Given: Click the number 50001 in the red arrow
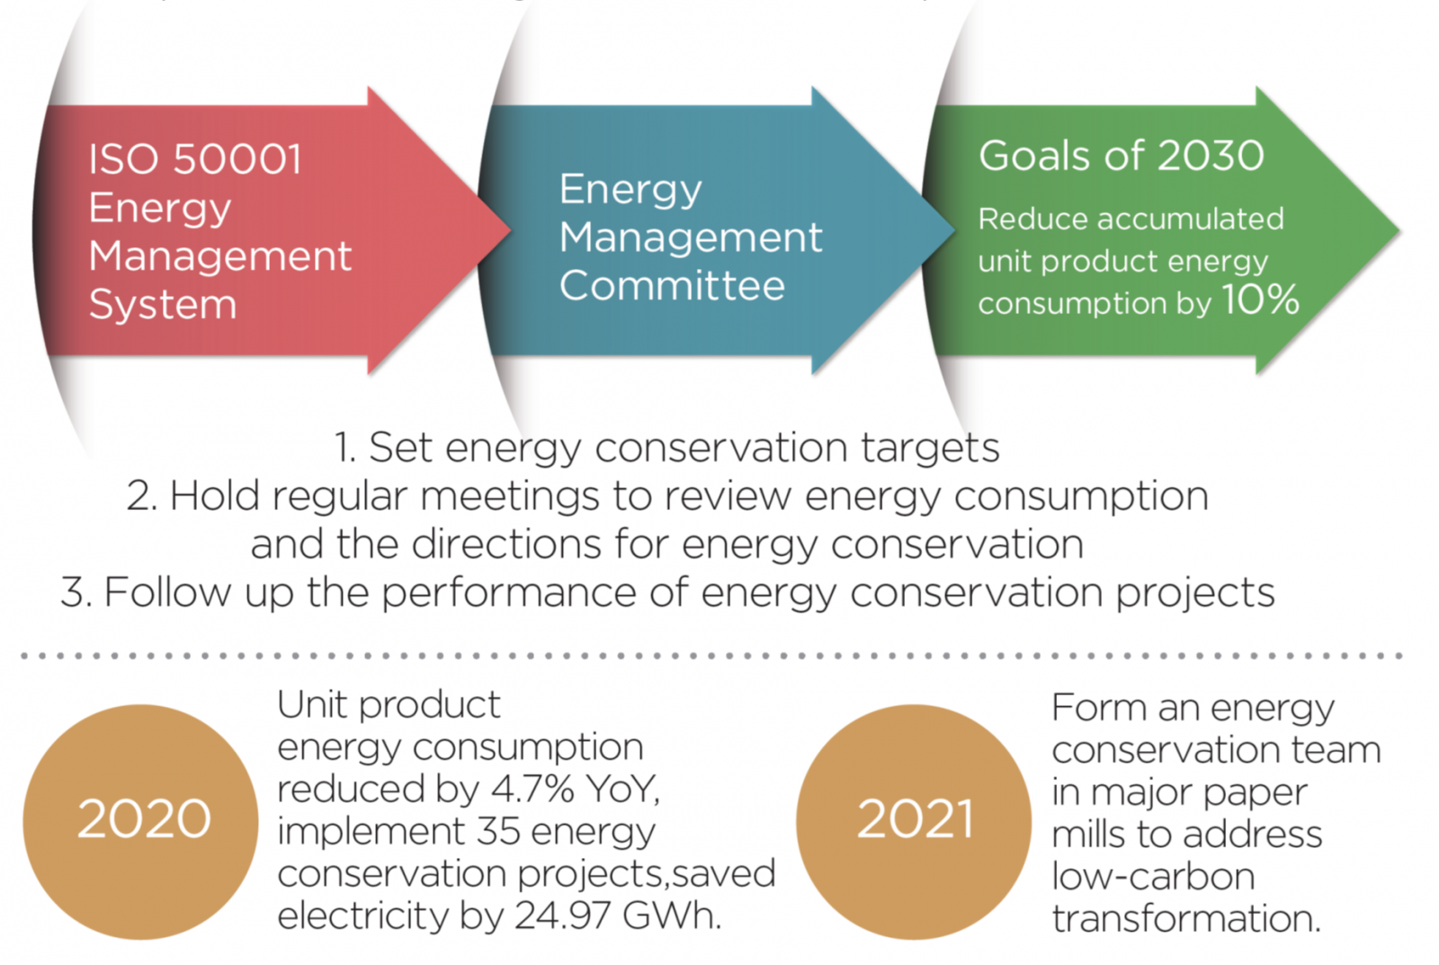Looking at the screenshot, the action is click(x=237, y=158).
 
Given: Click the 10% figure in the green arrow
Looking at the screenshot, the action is click(x=1260, y=299).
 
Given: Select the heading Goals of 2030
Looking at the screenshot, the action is click(x=1122, y=156).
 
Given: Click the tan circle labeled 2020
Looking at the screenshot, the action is click(x=140, y=822).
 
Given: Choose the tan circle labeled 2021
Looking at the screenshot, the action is click(x=914, y=822).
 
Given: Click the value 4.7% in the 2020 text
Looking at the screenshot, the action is click(x=532, y=789).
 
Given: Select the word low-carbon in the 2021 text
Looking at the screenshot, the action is click(x=1153, y=876).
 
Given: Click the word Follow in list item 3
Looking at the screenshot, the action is click(x=167, y=592).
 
